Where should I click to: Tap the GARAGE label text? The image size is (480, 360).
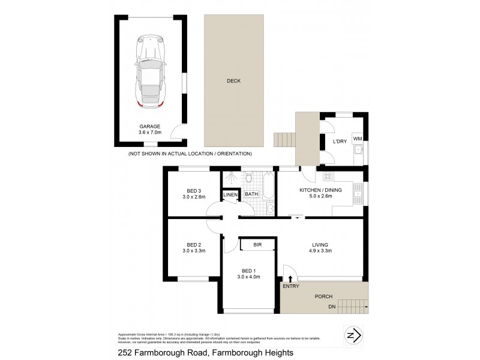151,127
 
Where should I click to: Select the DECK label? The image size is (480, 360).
233,81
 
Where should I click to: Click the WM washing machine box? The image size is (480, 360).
358,139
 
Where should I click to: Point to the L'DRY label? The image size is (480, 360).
340,142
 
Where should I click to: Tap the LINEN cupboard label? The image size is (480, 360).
230,195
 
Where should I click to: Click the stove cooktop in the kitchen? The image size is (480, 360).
328,177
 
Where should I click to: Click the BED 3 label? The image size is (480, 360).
193,190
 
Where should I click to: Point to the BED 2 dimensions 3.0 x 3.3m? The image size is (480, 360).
193,252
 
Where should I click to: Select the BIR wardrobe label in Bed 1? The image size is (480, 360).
257,244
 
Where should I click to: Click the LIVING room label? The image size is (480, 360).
321,244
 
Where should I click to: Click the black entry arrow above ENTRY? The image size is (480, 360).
291,278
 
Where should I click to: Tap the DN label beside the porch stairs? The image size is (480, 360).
332,307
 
